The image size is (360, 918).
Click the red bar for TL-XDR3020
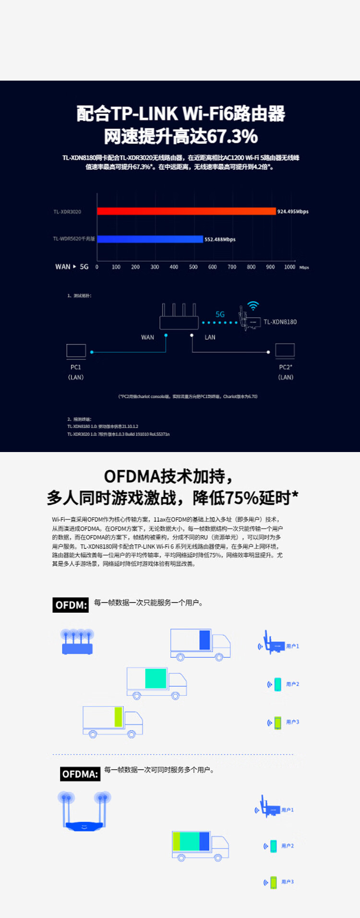click(186, 211)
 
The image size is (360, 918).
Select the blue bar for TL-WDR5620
click(150, 239)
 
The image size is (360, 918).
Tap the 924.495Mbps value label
click(293, 212)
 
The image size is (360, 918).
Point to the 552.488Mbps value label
click(220, 239)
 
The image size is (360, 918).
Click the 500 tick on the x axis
click(193, 267)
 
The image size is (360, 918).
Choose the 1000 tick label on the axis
click(289, 267)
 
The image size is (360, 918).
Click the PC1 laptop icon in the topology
click(76, 351)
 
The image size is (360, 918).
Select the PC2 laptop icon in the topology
click(285, 350)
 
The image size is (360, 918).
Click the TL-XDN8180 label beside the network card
click(280, 322)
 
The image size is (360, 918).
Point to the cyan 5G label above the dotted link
click(220, 314)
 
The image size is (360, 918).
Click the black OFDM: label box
click(71, 605)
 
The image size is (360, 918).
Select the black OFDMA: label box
click(80, 774)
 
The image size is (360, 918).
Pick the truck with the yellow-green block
click(113, 721)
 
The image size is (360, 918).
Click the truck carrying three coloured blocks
click(200, 846)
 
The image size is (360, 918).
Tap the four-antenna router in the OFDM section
click(77, 642)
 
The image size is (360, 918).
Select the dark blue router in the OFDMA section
click(84, 812)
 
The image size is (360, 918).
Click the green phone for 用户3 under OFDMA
click(273, 882)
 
